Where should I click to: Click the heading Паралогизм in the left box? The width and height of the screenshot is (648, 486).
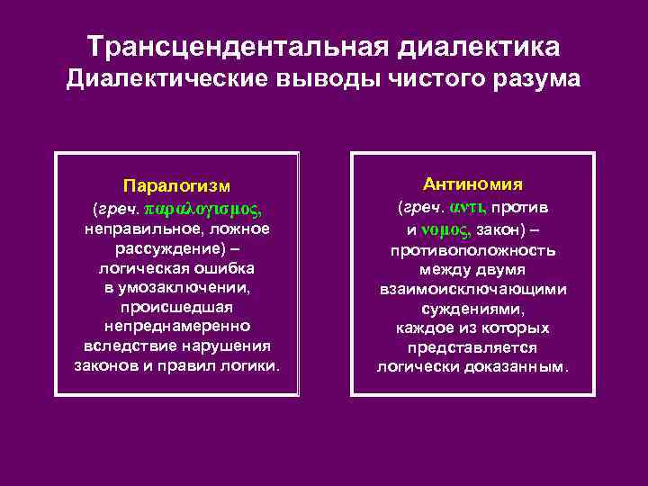[176, 186]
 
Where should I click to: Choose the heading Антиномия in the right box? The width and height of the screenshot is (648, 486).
[472, 184]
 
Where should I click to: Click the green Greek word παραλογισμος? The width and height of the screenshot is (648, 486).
[201, 209]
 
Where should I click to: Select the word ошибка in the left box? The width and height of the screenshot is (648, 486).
[222, 268]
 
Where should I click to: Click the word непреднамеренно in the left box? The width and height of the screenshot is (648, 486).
[176, 327]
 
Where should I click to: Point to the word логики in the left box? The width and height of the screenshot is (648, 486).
[251, 366]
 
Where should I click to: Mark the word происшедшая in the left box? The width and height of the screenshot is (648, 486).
[176, 307]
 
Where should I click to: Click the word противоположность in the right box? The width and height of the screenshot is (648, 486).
[472, 249]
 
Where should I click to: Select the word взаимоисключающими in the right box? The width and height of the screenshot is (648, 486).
[472, 289]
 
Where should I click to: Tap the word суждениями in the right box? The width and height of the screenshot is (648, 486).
[472, 308]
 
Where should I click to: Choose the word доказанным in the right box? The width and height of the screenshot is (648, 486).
[517, 366]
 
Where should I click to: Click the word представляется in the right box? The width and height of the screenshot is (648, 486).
[472, 346]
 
